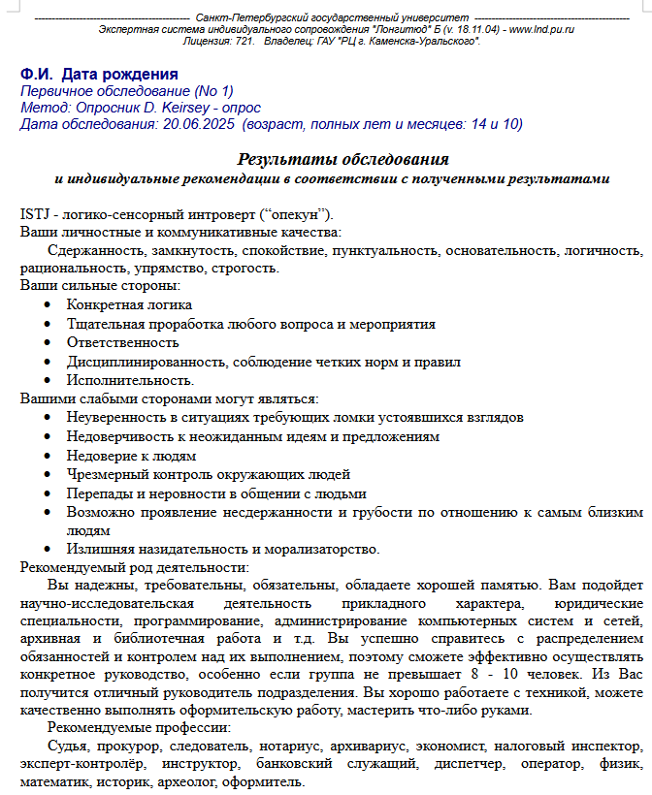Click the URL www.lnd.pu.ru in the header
point(541,29)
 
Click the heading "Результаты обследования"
point(342,159)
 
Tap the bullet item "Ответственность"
point(122,342)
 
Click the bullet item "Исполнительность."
point(130,380)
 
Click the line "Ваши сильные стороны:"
point(100,286)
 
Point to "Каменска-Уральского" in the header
point(419,41)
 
